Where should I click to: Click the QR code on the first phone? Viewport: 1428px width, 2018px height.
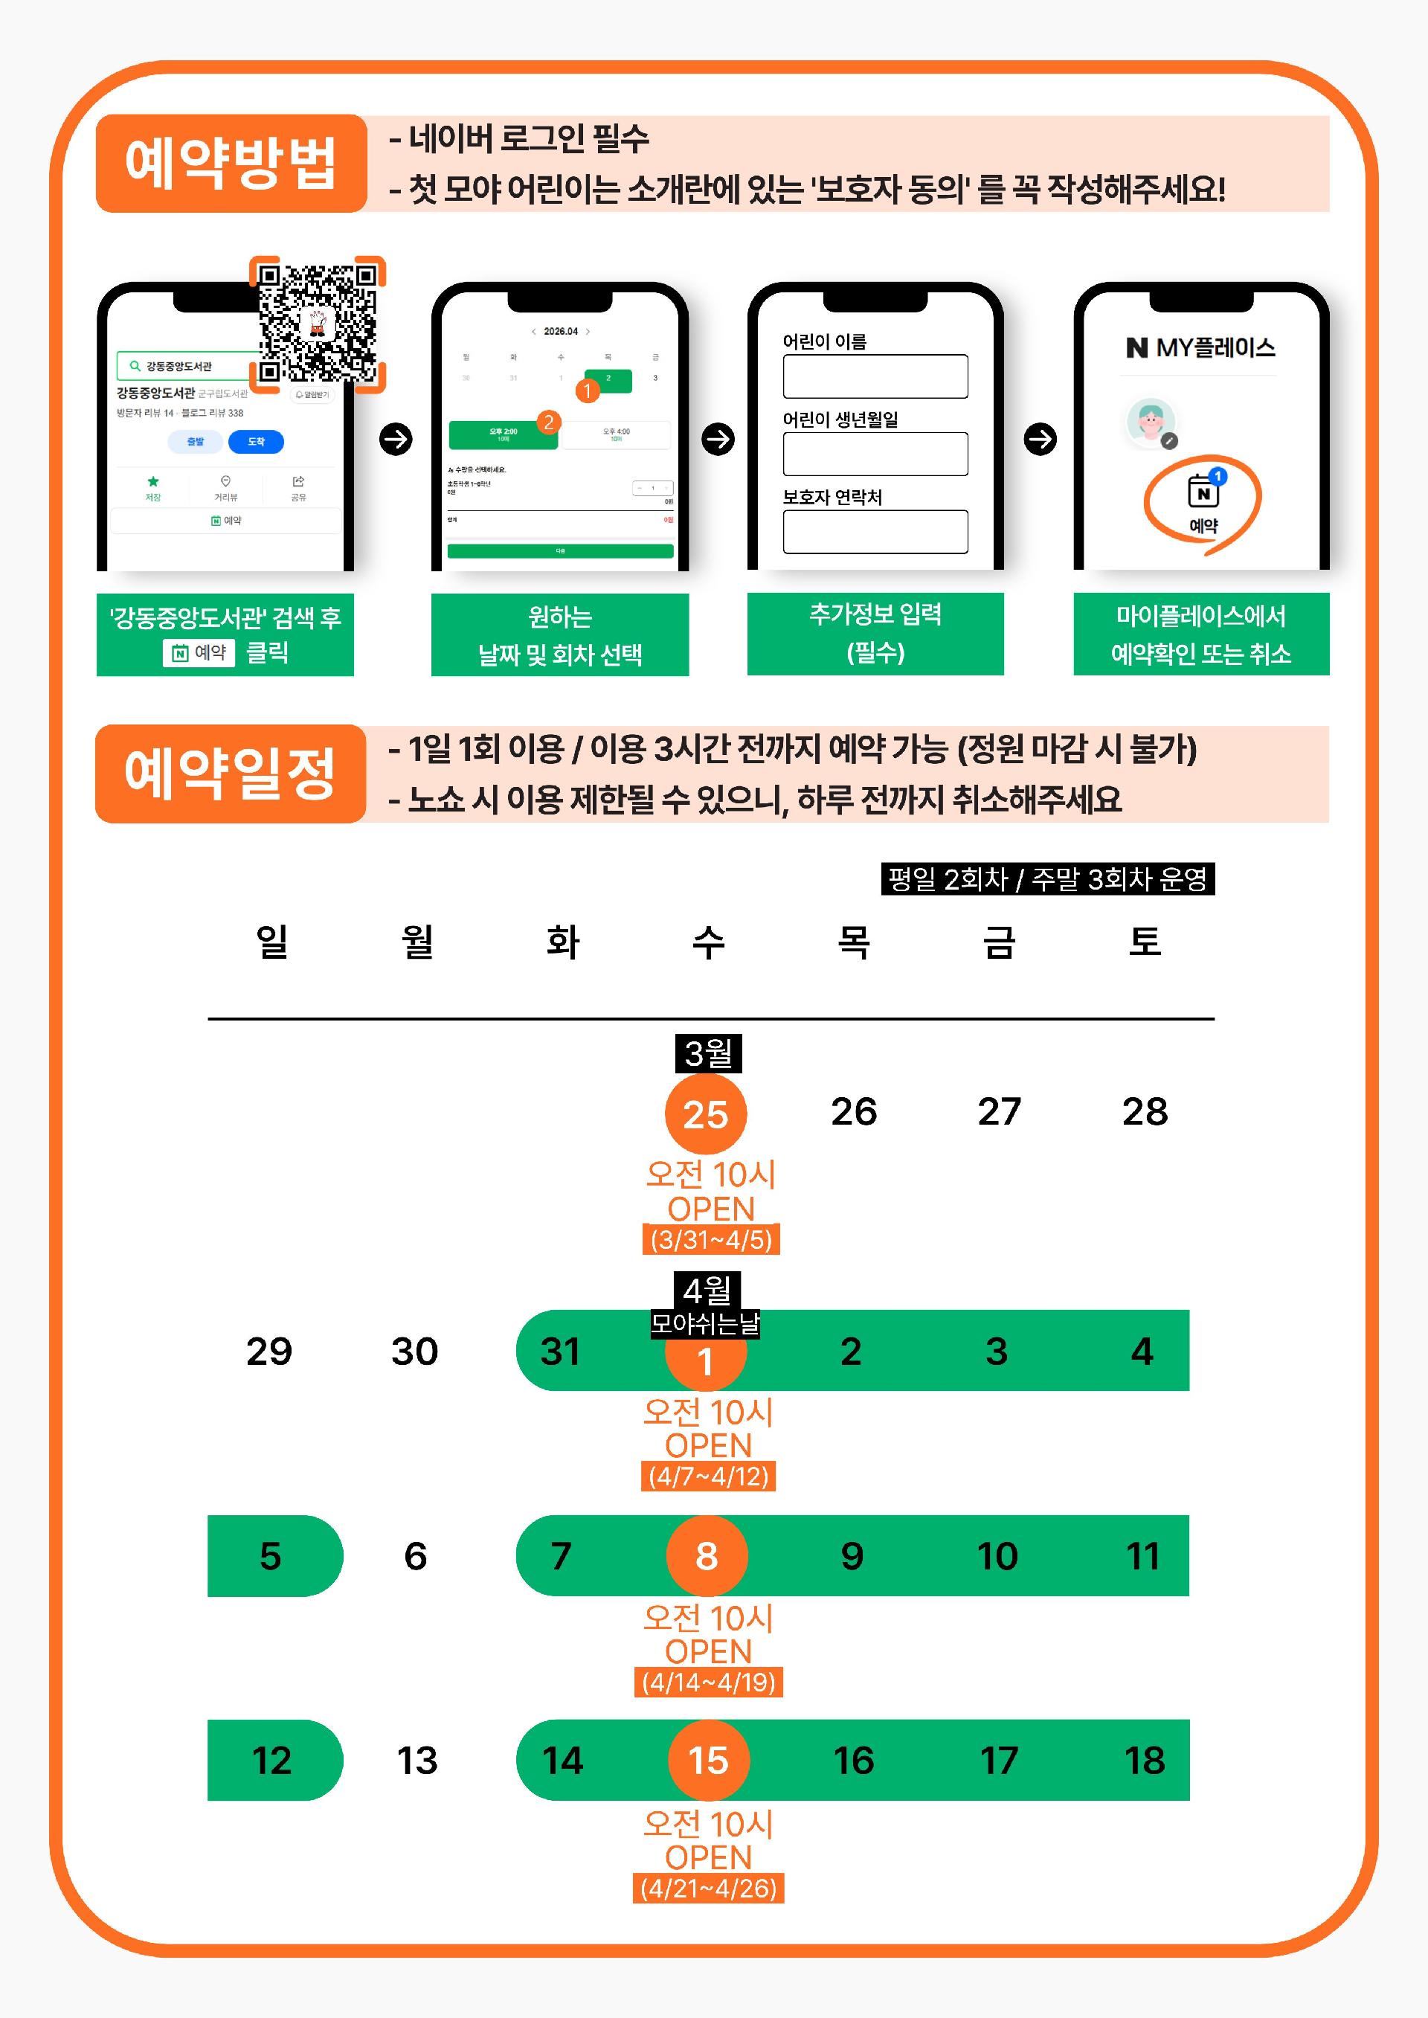[318, 324]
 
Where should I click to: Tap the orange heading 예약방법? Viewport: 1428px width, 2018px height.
[231, 164]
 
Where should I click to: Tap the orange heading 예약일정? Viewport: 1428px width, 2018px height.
[231, 774]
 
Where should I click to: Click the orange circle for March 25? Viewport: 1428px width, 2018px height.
[705, 1114]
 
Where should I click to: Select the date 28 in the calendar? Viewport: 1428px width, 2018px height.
[1144, 1111]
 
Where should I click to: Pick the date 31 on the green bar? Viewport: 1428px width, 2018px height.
[560, 1352]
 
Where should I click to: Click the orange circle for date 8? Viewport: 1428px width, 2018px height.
[707, 1555]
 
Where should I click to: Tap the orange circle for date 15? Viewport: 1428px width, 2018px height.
[708, 1761]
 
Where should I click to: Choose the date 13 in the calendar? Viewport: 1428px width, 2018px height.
[416, 1761]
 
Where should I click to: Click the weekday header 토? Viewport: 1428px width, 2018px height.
[1144, 941]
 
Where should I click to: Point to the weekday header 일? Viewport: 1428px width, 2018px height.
[271, 941]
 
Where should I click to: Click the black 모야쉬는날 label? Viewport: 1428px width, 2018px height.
[705, 1323]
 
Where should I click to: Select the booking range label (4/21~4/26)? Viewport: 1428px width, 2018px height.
[708, 1888]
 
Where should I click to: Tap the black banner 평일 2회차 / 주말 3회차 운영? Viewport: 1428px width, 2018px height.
[1047, 878]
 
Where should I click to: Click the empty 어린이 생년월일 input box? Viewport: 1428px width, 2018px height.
[875, 454]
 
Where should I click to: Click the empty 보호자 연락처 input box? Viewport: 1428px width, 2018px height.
[875, 531]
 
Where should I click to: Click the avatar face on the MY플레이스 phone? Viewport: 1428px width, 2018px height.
[1150, 421]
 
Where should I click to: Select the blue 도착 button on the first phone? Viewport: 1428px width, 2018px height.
[256, 441]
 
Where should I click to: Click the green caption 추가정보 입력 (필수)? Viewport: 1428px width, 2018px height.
[875, 633]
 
